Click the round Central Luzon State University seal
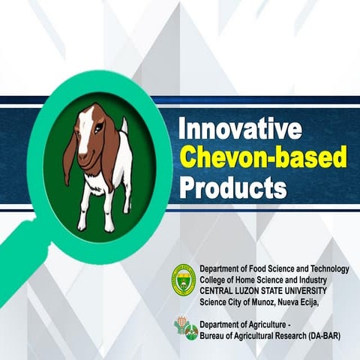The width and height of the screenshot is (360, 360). click(183, 280)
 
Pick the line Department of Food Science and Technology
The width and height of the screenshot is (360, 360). click(274, 269)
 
